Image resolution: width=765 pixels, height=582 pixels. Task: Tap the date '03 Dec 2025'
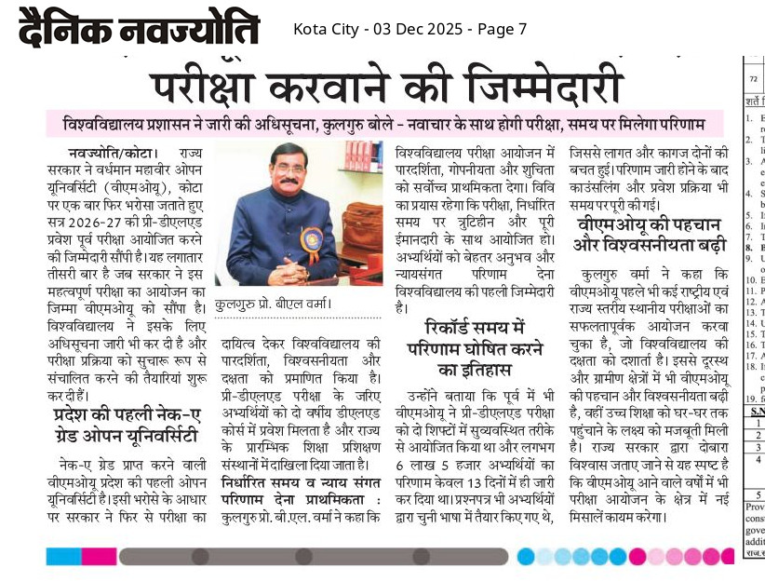pyautogui.click(x=417, y=29)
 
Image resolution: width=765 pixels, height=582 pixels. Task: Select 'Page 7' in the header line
pyautogui.click(x=503, y=29)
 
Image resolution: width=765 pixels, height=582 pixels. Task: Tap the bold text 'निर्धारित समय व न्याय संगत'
pyautogui.click(x=300, y=481)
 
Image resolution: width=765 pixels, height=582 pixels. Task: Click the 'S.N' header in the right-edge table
pyautogui.click(x=754, y=411)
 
